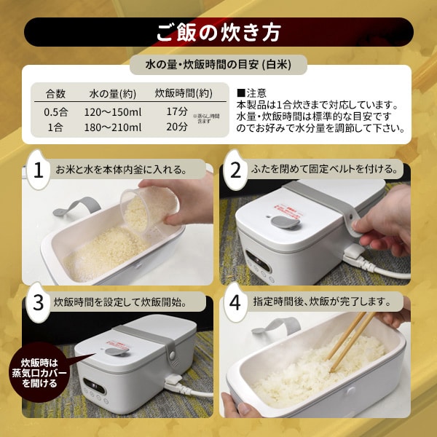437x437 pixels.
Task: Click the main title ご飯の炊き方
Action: point(218,33)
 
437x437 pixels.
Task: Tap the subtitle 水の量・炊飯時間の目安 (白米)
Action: point(219,65)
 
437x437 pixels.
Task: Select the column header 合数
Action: point(56,93)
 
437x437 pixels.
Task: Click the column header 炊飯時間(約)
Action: point(184,93)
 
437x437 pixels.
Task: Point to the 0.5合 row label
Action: point(55,111)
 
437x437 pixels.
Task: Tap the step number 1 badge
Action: point(39,170)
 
